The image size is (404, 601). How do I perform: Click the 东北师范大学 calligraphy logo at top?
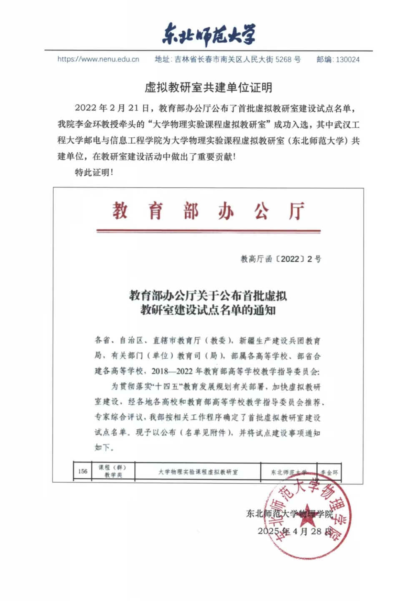(208, 34)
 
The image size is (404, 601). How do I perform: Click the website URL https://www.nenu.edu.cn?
(98, 59)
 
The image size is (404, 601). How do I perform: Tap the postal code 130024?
(348, 60)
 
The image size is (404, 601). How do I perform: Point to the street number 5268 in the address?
(283, 60)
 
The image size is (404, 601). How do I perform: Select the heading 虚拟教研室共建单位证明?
(208, 88)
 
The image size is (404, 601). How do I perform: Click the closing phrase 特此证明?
(94, 172)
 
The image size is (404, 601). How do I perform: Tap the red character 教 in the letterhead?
(120, 211)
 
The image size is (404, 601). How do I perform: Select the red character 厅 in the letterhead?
(297, 211)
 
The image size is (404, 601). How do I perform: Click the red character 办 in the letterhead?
(226, 211)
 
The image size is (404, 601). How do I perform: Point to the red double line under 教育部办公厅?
(208, 230)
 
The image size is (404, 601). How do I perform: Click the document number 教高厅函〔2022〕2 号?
(281, 259)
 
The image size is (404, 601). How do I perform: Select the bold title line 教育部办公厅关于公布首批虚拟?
(208, 296)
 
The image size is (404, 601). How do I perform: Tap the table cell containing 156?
(83, 472)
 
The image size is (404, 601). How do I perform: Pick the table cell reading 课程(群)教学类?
(113, 472)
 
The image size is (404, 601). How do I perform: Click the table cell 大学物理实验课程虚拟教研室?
(198, 472)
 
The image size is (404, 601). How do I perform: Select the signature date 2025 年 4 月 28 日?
(295, 531)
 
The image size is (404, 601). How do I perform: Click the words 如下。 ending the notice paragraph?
(104, 447)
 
